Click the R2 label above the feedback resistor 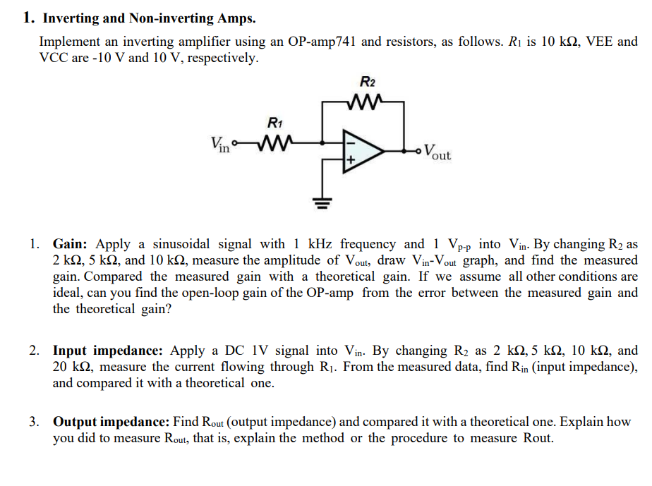pos(367,83)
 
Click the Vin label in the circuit pos(220,145)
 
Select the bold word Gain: pos(72,244)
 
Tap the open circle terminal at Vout pos(422,150)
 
